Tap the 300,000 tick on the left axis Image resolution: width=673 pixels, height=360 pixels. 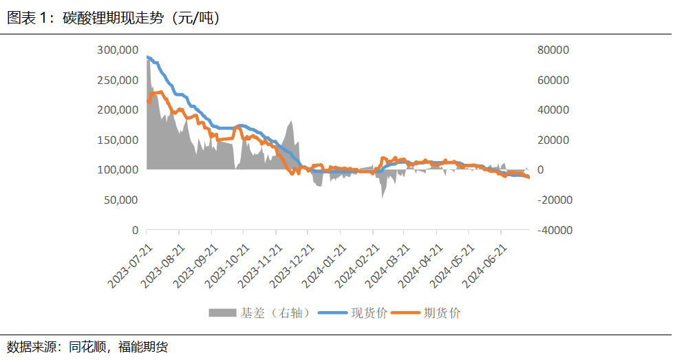117,50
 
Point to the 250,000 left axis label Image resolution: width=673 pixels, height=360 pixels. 117,80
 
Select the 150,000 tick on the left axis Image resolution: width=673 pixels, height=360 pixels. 117,140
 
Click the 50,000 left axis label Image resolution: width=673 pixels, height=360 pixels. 120,200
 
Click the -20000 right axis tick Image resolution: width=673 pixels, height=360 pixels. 551,200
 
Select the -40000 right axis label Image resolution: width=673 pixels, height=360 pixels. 551,230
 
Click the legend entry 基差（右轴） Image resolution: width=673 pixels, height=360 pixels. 279,313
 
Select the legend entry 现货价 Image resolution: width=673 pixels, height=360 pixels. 370,313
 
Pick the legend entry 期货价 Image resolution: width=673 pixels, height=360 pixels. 442,313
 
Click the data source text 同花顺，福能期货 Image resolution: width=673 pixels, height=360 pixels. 118,346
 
